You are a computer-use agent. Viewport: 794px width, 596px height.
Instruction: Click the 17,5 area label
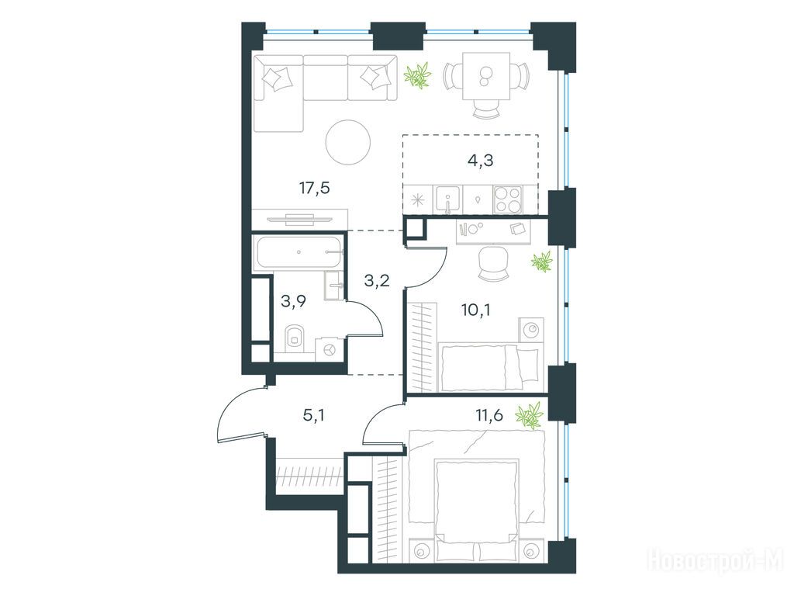pos(315,189)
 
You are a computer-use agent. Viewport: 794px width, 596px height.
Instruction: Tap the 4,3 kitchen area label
pos(480,161)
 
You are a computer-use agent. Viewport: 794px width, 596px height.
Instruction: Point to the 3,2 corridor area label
pos(377,279)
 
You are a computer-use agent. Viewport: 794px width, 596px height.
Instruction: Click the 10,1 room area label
pos(477,310)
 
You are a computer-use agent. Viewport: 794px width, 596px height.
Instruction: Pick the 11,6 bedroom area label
pos(489,416)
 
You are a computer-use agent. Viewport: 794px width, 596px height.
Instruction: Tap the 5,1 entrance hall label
pos(313,416)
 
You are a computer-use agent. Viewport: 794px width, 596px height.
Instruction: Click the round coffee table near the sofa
pos(348,142)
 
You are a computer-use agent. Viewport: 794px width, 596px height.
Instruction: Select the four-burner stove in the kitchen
pos(508,199)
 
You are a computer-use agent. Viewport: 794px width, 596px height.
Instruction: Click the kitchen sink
pos(447,199)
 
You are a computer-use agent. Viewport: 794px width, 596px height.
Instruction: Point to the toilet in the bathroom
pos(294,338)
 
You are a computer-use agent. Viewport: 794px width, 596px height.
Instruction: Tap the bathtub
pos(299,252)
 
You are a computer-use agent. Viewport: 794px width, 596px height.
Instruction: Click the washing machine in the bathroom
pos(329,350)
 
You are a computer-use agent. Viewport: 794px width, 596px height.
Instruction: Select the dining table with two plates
pos(486,76)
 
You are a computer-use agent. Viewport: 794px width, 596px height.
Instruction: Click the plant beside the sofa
pos(418,75)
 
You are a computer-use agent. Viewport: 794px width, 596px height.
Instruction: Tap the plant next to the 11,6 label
pos(529,416)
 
